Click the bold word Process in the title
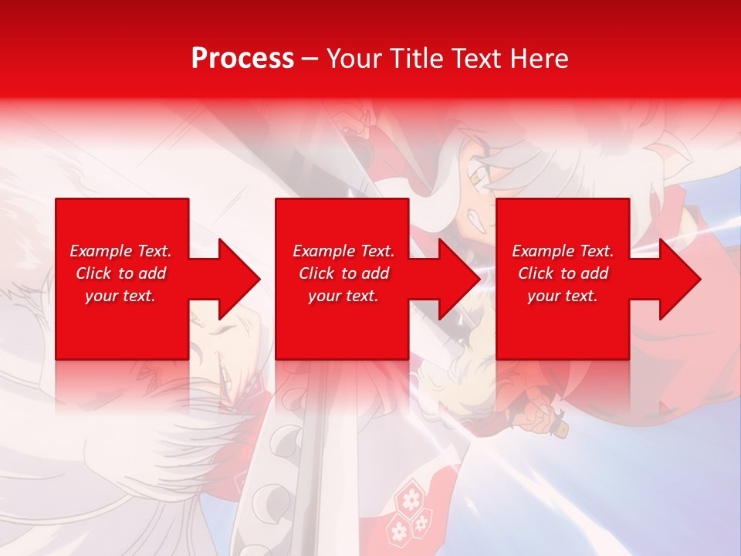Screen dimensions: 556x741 [x=242, y=58]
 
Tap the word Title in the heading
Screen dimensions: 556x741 [x=418, y=58]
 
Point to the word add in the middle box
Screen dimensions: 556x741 [x=374, y=273]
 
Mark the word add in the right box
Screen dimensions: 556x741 [x=594, y=273]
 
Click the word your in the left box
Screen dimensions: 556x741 [x=100, y=296]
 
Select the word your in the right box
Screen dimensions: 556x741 [x=543, y=296]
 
